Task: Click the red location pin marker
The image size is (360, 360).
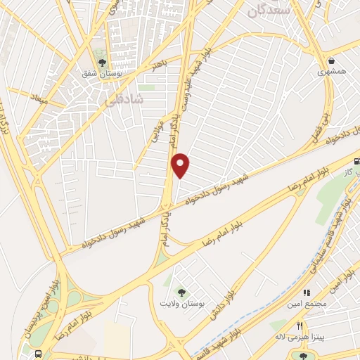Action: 181,165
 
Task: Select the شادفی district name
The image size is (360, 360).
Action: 123,101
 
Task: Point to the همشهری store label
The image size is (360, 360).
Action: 330,72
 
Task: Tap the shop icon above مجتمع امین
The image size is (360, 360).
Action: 306,292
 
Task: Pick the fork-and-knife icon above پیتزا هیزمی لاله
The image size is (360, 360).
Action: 299,326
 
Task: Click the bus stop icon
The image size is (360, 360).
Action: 38,353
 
